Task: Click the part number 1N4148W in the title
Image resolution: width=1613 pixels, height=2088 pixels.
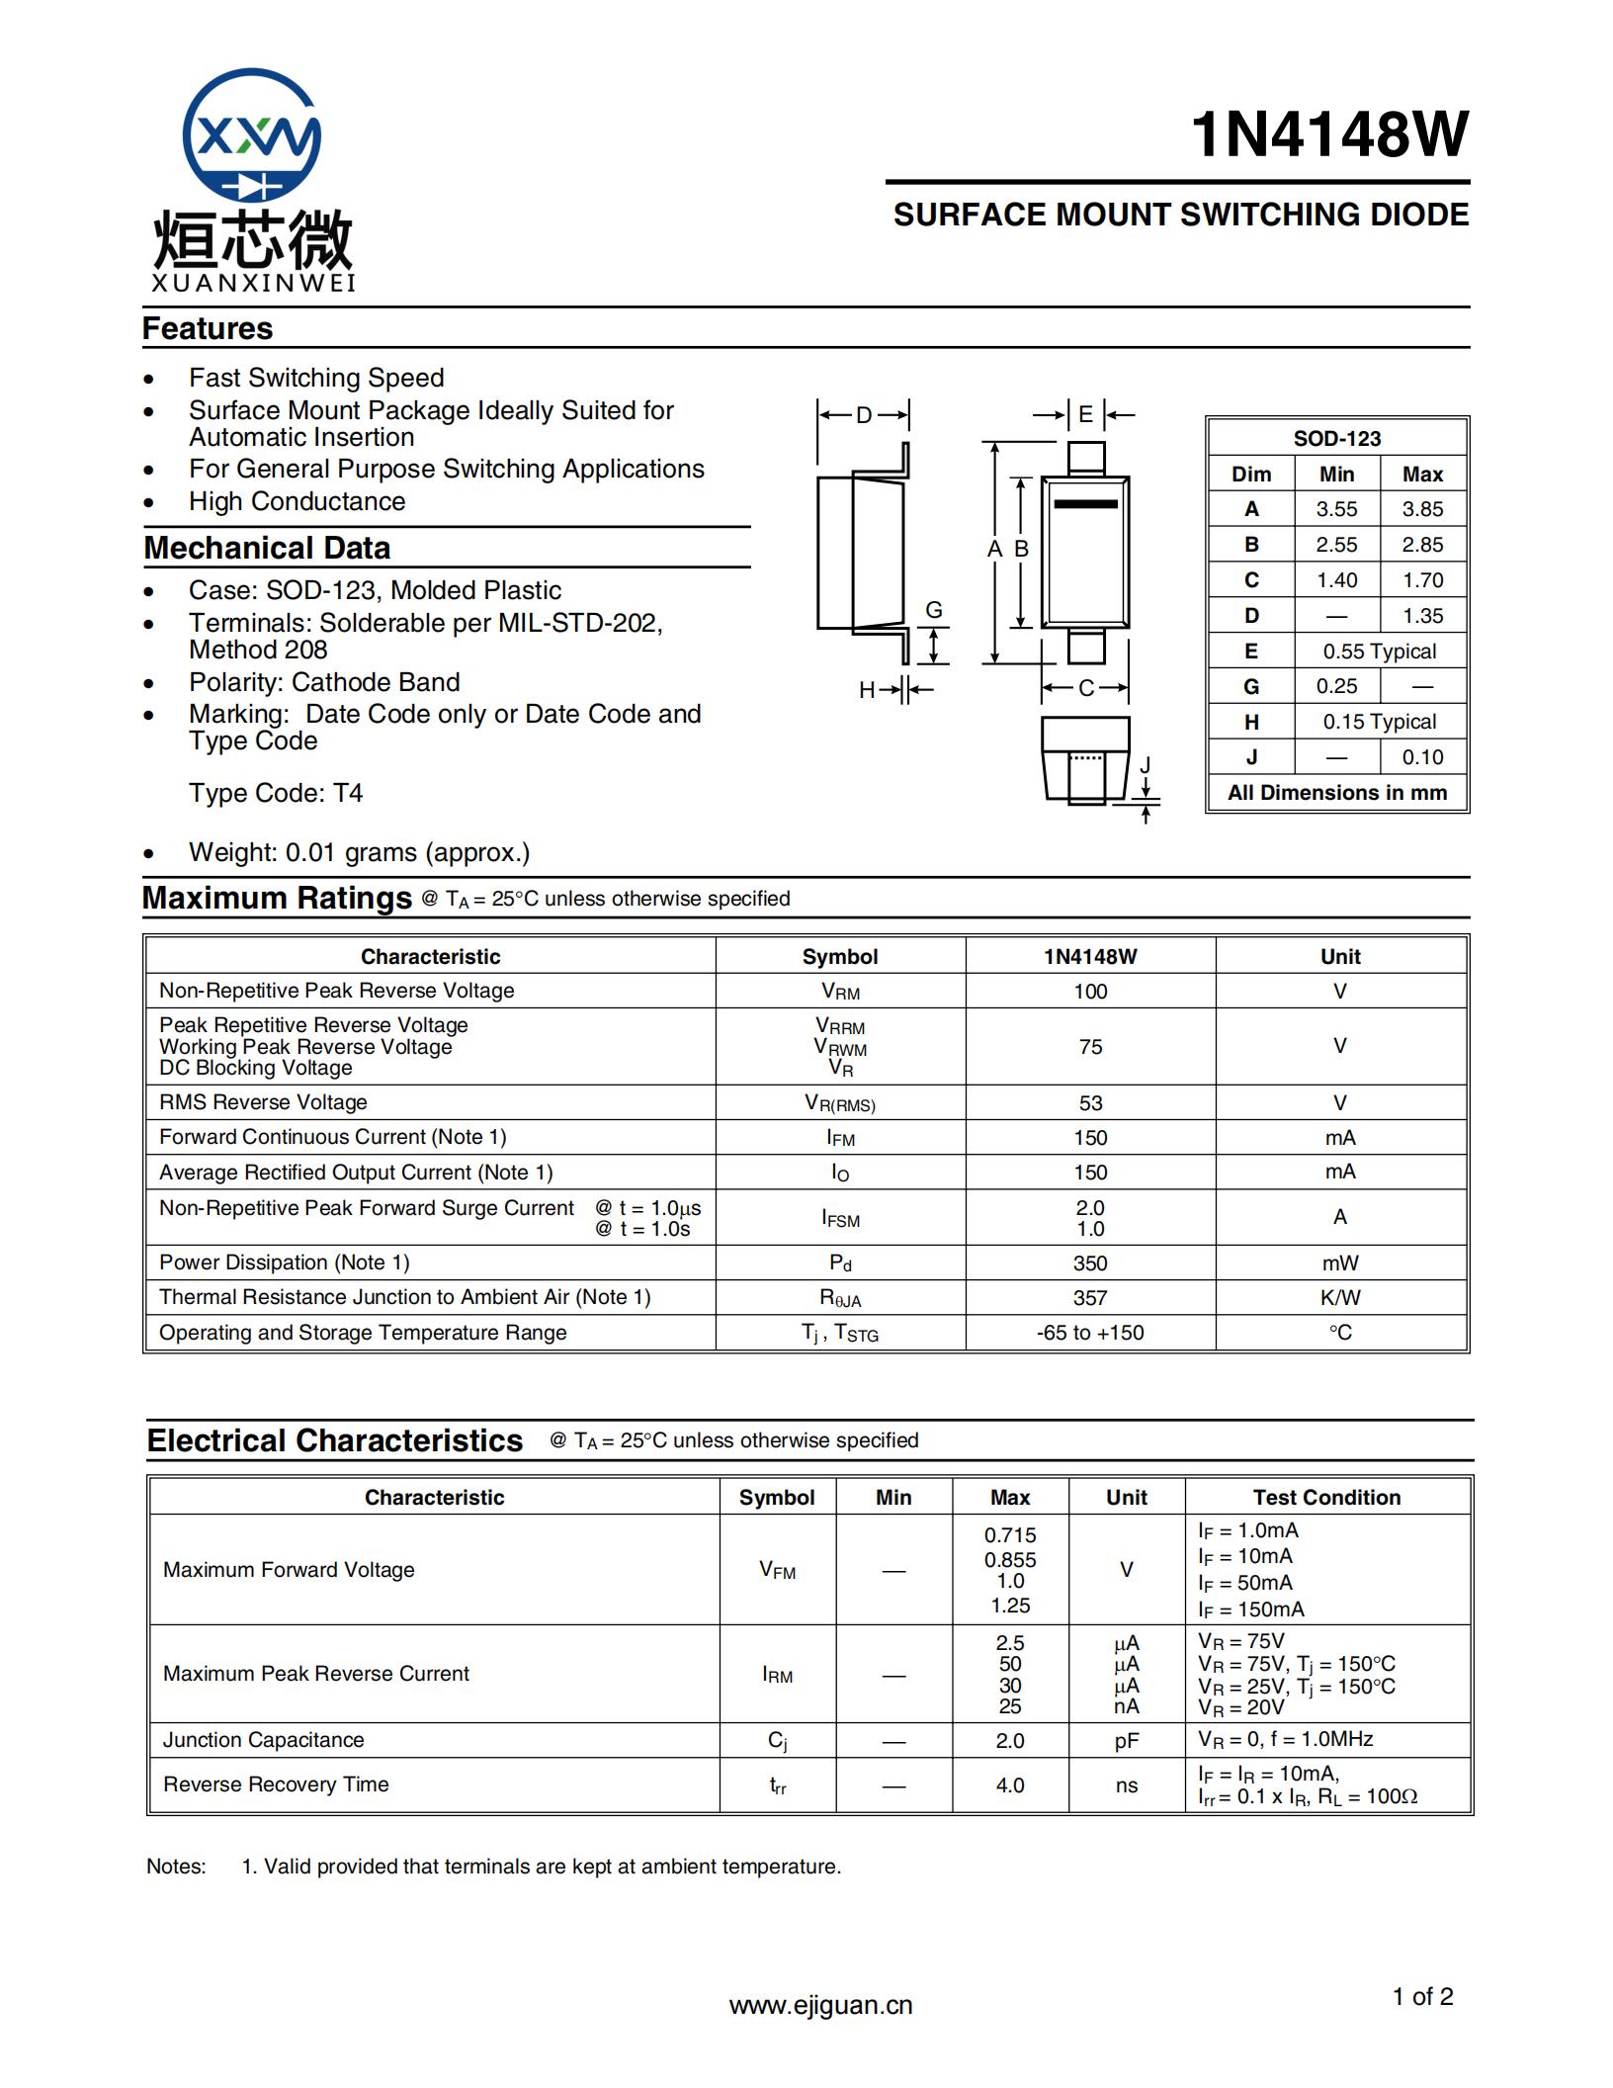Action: click(1329, 134)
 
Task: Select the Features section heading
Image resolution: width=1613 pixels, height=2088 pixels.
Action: click(208, 328)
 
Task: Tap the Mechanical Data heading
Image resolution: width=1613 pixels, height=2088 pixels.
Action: click(267, 548)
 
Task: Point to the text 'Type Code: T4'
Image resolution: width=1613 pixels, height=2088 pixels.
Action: click(276, 793)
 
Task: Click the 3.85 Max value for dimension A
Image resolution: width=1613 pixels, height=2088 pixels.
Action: click(1422, 509)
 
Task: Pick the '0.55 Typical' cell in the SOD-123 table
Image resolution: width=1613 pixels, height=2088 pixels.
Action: click(1379, 652)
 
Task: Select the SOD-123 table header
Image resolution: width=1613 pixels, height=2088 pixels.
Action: click(1336, 438)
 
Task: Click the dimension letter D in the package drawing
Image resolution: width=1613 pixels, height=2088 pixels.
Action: click(864, 415)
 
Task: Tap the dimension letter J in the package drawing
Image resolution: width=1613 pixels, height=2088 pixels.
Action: click(1146, 765)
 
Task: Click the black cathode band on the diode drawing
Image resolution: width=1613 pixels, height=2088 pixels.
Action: click(1085, 504)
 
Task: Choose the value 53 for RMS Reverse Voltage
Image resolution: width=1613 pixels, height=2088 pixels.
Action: click(1090, 1102)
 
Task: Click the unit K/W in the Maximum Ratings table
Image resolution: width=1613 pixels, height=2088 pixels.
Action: click(1339, 1297)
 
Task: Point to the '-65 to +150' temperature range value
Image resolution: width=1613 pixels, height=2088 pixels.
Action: click(1090, 1333)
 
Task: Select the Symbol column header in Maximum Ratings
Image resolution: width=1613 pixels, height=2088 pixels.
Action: click(840, 956)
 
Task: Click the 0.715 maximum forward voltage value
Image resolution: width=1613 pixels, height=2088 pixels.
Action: click(1010, 1535)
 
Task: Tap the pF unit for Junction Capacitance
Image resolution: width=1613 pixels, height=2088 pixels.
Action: click(1126, 1741)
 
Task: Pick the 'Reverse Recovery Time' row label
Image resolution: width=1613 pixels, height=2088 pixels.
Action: click(276, 1784)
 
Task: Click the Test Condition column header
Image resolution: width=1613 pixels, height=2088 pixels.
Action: click(1326, 1497)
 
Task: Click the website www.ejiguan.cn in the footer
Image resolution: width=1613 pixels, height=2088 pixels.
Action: click(820, 2005)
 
